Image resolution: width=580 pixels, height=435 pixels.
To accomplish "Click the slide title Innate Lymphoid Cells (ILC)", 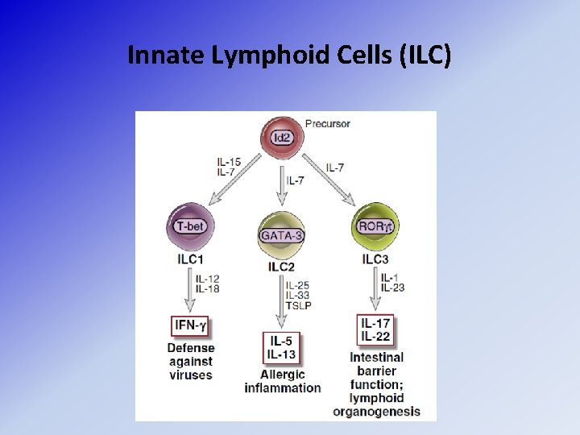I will point(289,56).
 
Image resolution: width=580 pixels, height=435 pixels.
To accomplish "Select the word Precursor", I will point(328,124).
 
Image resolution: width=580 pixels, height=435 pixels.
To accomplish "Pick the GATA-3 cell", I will point(281,234).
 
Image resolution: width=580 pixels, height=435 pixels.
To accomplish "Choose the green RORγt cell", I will point(375,227).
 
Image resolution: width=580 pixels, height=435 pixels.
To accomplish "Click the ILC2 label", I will point(281,266).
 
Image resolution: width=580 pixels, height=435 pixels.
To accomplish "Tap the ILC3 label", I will point(376,259).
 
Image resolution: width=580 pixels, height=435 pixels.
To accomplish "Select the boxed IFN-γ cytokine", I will point(190,326).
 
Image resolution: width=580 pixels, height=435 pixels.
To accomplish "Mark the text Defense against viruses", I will point(191,362).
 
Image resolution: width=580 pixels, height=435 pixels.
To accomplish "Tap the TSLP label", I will point(299,305).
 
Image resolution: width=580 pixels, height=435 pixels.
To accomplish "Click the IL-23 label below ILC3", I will point(392,288).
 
